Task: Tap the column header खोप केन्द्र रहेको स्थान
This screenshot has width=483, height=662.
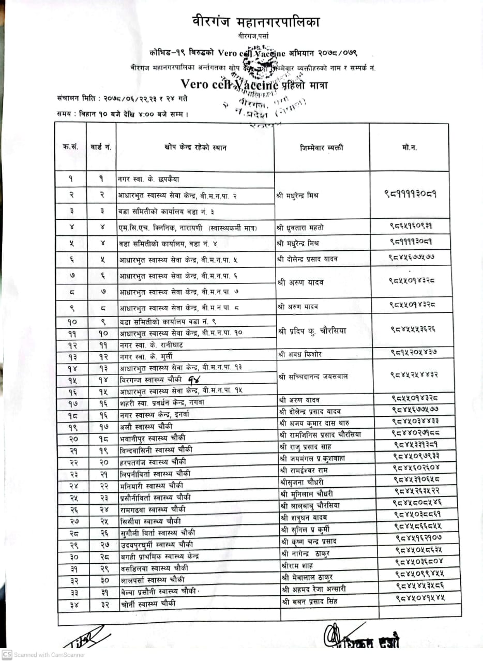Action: point(195,148)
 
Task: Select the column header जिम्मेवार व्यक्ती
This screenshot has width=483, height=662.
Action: point(321,148)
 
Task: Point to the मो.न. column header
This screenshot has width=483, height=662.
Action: point(409,148)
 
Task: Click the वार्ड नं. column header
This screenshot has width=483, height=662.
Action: point(101,148)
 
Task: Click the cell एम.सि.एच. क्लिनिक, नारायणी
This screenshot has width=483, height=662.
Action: point(165,227)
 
